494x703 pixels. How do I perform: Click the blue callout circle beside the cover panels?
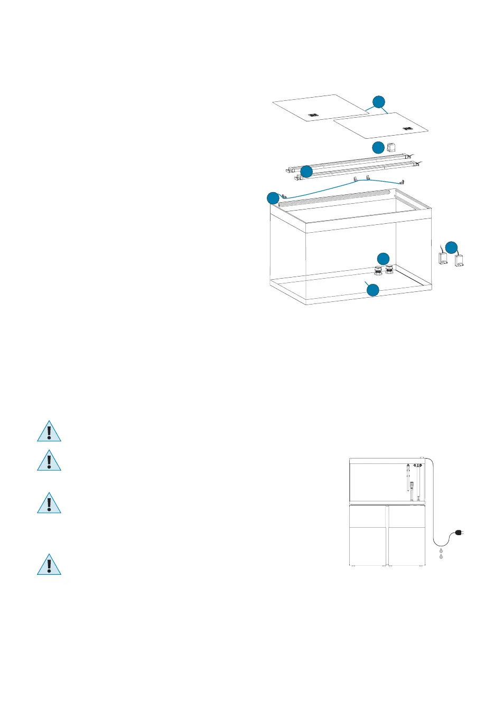pyautogui.click(x=378, y=102)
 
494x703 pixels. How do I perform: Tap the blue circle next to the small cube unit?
pyautogui.click(x=378, y=147)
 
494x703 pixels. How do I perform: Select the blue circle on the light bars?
pyautogui.click(x=306, y=172)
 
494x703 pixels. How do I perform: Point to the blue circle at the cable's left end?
pyautogui.click(x=273, y=198)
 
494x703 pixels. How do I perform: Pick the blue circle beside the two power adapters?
pyautogui.click(x=451, y=247)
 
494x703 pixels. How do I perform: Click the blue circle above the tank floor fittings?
pyautogui.click(x=383, y=258)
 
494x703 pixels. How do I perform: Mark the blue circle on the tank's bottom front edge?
pyautogui.click(x=373, y=290)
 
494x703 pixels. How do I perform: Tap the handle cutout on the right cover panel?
pyautogui.click(x=406, y=128)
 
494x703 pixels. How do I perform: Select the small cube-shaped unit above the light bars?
pyautogui.click(x=392, y=147)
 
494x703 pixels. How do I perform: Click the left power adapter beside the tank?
pyautogui.click(x=443, y=259)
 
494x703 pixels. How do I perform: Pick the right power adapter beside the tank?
pyautogui.click(x=459, y=259)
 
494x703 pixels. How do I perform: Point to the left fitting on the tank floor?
pyautogui.click(x=379, y=270)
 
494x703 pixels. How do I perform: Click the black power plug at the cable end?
pyautogui.click(x=459, y=534)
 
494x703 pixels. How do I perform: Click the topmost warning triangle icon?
pyautogui.click(x=49, y=431)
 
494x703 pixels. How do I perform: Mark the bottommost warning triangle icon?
pyautogui.click(x=49, y=565)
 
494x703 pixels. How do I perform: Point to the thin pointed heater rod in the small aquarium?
pyautogui.click(x=408, y=477)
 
